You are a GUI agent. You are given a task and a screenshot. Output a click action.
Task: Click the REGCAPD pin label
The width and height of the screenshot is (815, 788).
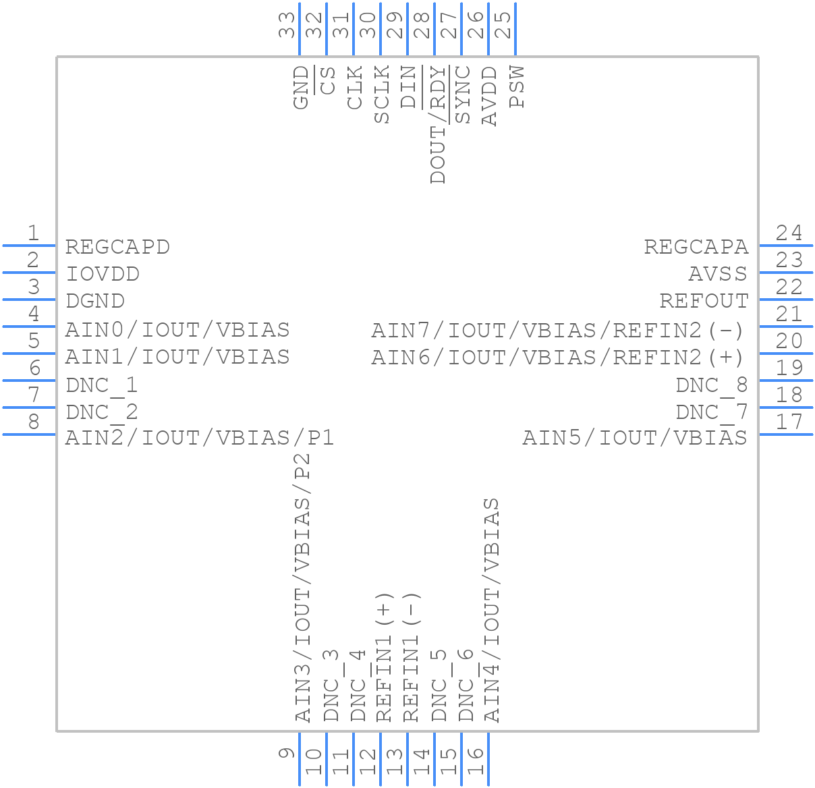click(117, 247)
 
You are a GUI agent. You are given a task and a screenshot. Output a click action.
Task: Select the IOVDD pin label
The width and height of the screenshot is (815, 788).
click(103, 274)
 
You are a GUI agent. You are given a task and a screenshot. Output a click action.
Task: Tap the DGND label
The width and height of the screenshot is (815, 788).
click(95, 301)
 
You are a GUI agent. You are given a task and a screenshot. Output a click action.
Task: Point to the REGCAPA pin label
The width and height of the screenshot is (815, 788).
click(696, 247)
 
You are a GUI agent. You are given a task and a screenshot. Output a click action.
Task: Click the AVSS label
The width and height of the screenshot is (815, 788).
click(718, 274)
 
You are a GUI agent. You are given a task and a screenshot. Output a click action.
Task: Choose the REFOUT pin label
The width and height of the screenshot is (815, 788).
click(704, 301)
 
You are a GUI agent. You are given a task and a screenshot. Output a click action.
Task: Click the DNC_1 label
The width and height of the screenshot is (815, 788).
click(102, 385)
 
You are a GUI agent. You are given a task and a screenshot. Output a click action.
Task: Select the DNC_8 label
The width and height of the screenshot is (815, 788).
click(712, 385)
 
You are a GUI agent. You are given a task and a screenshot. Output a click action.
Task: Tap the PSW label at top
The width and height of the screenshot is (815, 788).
click(517, 86)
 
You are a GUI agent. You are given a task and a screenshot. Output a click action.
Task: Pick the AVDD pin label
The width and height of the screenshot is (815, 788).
click(490, 96)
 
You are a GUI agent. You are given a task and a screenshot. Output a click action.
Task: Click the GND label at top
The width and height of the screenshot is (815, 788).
click(301, 87)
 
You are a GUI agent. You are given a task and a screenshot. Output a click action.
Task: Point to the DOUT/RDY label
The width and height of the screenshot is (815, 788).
click(439, 124)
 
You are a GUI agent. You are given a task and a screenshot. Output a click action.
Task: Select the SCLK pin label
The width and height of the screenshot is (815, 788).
click(382, 94)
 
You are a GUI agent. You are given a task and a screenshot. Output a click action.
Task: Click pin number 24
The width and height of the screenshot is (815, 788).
click(789, 233)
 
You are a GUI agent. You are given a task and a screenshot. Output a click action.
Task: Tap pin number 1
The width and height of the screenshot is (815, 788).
click(32, 233)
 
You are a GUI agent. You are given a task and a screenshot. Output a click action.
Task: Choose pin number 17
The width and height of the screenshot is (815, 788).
click(789, 422)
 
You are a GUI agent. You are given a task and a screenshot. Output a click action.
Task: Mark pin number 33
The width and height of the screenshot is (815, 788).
click(287, 25)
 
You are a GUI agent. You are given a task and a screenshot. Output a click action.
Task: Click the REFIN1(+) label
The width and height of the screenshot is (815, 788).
click(383, 658)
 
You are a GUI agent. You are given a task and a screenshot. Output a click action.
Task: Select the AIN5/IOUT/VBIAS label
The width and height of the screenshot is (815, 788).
click(635, 438)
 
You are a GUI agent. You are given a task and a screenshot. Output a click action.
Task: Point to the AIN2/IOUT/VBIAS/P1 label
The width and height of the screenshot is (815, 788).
click(200, 438)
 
